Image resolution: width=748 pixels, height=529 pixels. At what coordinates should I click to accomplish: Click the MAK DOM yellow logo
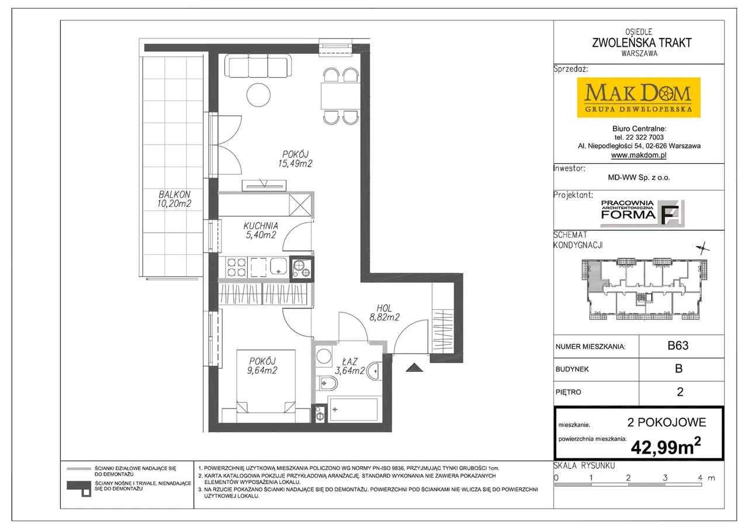tap(639, 98)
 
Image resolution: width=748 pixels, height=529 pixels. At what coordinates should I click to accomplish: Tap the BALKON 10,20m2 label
tap(174, 199)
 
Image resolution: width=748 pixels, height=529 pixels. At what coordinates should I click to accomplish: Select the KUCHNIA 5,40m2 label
tap(261, 230)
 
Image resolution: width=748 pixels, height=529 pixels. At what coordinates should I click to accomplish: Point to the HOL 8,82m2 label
tap(385, 313)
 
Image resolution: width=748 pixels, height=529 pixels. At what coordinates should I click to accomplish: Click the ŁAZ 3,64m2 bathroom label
tap(349, 366)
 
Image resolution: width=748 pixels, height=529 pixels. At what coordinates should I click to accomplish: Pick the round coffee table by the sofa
tap(258, 95)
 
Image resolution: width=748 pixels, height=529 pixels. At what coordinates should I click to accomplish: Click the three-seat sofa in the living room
tap(258, 66)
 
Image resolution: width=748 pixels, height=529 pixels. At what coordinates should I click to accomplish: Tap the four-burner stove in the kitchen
tap(237, 267)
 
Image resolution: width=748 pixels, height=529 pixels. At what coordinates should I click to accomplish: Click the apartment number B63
tap(678, 345)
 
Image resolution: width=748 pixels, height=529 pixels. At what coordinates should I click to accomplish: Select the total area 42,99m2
tap(666, 447)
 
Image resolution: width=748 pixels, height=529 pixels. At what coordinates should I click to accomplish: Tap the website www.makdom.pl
tap(639, 155)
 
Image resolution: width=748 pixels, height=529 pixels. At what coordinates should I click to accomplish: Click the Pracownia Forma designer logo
tap(642, 213)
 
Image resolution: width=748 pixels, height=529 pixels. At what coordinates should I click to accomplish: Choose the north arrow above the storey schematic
tap(703, 248)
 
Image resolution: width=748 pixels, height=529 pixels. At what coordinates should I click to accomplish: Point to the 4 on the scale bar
tap(700, 478)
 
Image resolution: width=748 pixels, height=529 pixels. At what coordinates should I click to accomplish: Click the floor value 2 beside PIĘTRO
tap(680, 392)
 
